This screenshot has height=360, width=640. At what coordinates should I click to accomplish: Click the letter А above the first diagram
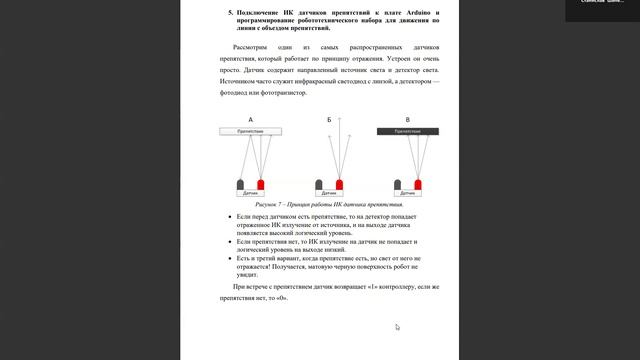(x=250, y=120)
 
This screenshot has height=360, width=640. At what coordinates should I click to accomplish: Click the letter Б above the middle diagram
(x=329, y=120)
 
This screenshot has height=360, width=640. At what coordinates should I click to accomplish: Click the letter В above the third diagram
(x=407, y=120)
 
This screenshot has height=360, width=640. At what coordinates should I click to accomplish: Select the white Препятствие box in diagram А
(x=250, y=131)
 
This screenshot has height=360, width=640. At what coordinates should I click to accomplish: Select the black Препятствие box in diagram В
(x=407, y=131)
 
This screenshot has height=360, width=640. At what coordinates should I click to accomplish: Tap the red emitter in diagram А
(x=261, y=184)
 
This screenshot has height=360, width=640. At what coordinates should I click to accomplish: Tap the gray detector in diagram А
(x=240, y=184)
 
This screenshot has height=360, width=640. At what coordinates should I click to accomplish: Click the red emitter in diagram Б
(x=340, y=184)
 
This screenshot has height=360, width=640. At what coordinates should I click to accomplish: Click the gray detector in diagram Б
(x=319, y=184)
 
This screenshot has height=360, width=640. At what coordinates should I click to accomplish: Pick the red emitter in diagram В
(x=418, y=184)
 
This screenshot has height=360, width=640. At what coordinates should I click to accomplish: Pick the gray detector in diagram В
(x=397, y=184)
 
